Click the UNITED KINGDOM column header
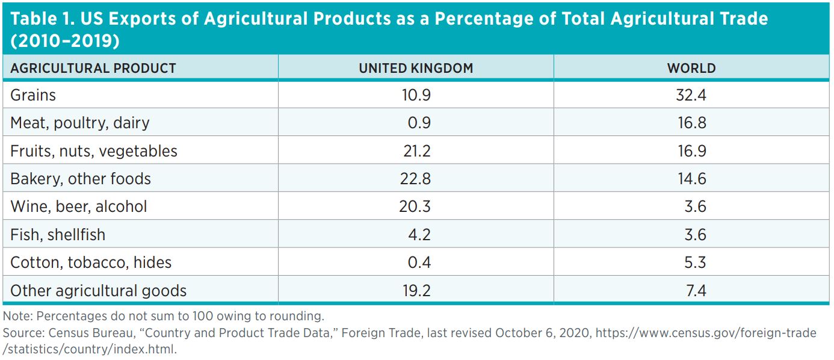pos(416,68)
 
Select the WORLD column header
pos(691,68)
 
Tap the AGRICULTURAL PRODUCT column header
pos(93,68)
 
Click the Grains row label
pos(33,95)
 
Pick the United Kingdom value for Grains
pos(416,95)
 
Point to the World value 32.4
pos(691,95)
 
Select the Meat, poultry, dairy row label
pos(80,123)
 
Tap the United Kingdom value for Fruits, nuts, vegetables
pos(416,151)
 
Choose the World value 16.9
pos(691,151)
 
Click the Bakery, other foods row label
pos(81,179)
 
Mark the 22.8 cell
pos(416,179)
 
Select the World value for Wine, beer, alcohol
pos(695,206)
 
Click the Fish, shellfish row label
pos(58,234)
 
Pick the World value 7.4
pos(695,291)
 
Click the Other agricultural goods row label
pos(98,291)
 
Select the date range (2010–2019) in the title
pos(64,42)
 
